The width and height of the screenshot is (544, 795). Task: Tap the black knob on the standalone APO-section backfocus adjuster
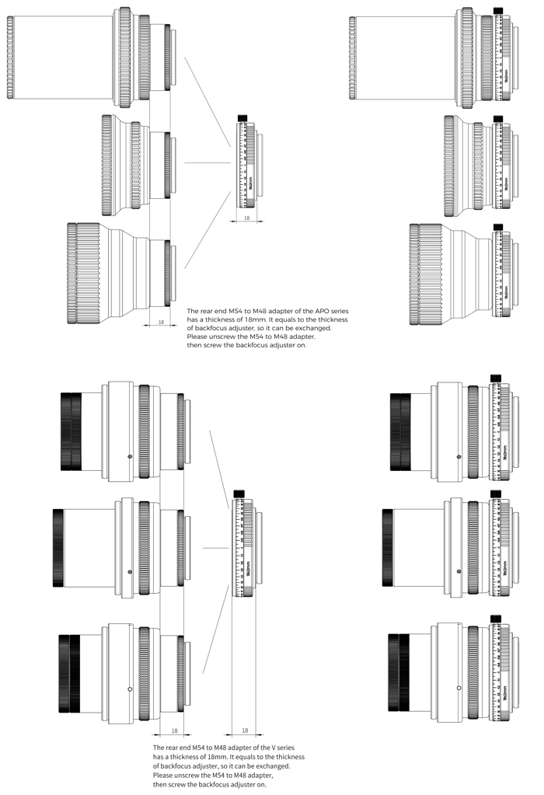click(x=242, y=118)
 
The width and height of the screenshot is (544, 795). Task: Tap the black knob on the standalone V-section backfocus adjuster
click(x=239, y=493)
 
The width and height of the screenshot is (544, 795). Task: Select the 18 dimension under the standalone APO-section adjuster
click(x=247, y=218)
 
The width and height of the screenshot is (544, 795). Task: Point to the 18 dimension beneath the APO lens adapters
click(x=161, y=321)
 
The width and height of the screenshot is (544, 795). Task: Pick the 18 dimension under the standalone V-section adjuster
click(x=245, y=730)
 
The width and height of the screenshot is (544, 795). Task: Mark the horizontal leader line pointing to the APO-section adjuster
click(x=209, y=162)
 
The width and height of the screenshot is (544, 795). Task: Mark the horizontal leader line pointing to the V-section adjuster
click(x=214, y=549)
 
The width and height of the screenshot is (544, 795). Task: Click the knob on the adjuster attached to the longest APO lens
click(x=498, y=11)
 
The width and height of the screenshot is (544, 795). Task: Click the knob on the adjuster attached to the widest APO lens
click(x=498, y=227)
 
